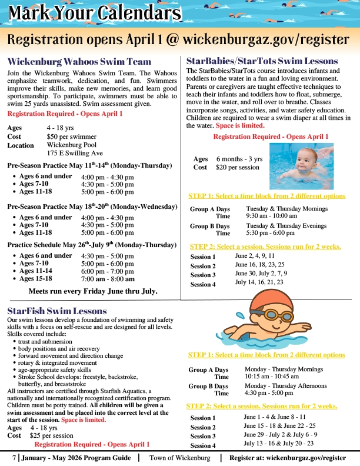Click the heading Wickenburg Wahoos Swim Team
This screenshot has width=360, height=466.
(79, 62)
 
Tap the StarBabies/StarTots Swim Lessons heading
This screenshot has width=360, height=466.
(262, 61)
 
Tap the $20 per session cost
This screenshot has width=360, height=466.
(238, 167)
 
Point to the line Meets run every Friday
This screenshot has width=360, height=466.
(92, 291)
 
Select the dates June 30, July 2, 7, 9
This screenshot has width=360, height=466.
(261, 274)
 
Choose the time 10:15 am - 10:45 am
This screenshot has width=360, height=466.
(271, 377)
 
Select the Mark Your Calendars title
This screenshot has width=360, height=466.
(94, 12)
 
